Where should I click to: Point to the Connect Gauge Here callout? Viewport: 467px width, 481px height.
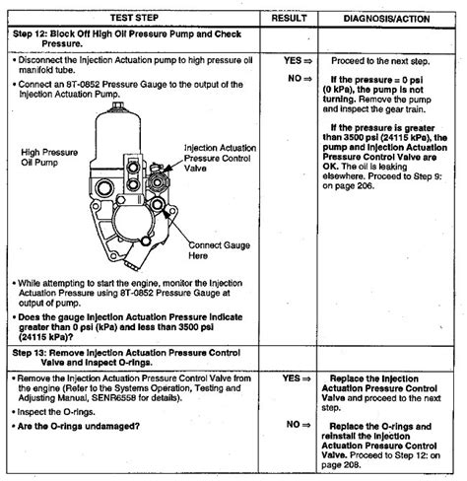pos(220,247)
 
